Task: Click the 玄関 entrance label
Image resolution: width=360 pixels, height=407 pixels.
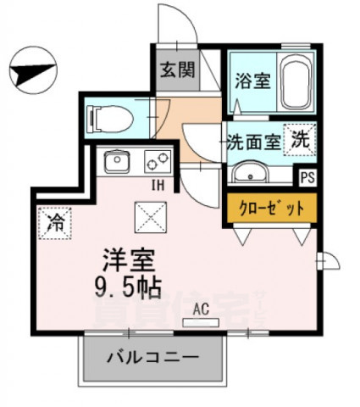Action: coord(176,68)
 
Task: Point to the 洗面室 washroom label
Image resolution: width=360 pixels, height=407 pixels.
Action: coord(252,141)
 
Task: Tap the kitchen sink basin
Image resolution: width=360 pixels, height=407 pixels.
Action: coord(115,160)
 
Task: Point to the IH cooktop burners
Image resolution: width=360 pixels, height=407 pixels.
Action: coord(158,159)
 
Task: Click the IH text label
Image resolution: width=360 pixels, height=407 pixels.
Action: coord(158,185)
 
